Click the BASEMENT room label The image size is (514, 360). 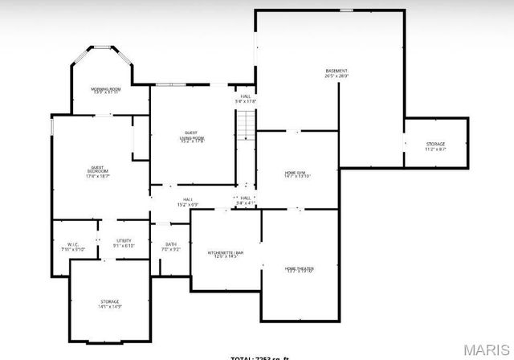click(x=337, y=71)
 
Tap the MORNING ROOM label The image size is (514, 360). click(x=104, y=88)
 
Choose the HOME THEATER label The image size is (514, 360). click(x=298, y=268)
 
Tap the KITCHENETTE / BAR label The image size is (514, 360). click(x=224, y=254)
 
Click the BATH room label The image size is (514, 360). click(x=171, y=244)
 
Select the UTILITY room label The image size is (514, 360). click(x=124, y=240)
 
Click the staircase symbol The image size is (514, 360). click(x=245, y=125)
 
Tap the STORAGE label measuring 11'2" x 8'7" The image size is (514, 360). click(x=435, y=145)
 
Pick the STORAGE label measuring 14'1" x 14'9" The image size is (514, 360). click(x=109, y=301)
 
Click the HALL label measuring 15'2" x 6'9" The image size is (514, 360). click(x=187, y=199)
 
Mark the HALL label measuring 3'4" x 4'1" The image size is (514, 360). click(x=246, y=200)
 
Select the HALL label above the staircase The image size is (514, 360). click(x=245, y=97)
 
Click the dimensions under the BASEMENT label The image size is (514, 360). click(x=337, y=76)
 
